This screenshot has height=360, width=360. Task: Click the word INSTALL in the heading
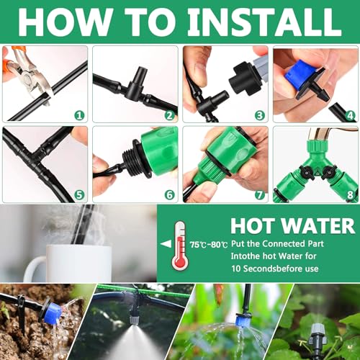[x=264, y=22]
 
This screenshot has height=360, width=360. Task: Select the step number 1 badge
[x=79, y=115]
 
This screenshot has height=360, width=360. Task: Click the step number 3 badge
[x=259, y=115]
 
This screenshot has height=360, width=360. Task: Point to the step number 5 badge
[x=79, y=195]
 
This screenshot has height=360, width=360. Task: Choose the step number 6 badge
[x=169, y=195]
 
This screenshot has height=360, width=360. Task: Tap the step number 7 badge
[x=259, y=195]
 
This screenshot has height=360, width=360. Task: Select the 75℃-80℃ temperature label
[x=209, y=245]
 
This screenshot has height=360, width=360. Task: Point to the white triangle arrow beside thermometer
[x=166, y=244]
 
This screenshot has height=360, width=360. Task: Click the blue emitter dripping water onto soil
[x=53, y=312]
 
